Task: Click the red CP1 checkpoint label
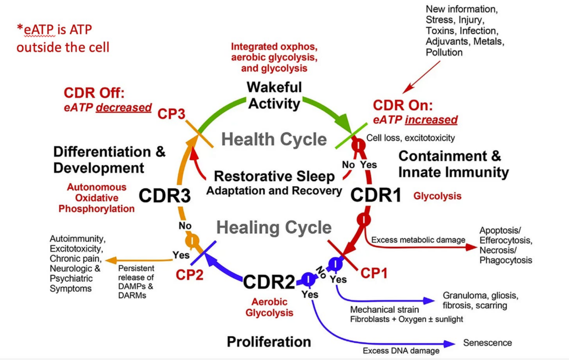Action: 375,273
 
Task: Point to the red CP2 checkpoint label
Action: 189,274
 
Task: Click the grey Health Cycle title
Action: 274,139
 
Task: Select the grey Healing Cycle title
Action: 274,227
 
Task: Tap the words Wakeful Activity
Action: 274,95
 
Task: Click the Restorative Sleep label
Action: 274,176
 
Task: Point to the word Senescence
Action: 487,343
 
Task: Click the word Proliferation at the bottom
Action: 269,341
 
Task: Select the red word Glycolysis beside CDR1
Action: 437,196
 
